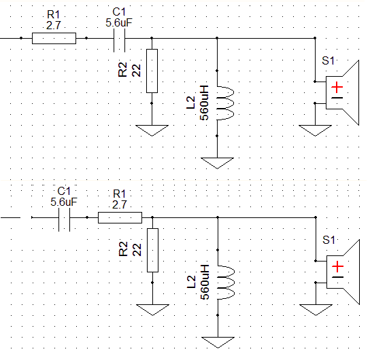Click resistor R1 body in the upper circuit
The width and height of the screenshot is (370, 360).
click(x=54, y=38)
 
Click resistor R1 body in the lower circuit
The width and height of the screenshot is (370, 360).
click(x=120, y=217)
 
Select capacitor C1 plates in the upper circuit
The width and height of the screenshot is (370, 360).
click(x=120, y=40)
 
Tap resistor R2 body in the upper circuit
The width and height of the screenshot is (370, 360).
click(x=152, y=71)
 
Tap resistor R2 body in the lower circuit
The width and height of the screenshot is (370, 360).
click(x=152, y=250)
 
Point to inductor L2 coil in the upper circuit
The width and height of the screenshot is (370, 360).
click(x=226, y=103)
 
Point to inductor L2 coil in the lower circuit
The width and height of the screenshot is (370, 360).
click(x=226, y=283)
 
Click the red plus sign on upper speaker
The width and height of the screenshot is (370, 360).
click(x=337, y=88)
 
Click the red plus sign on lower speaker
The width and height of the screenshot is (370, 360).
click(x=337, y=267)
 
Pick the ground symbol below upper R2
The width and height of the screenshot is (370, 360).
click(x=152, y=130)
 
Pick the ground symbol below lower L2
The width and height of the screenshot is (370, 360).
click(x=218, y=342)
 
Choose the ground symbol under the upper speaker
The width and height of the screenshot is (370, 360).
click(x=315, y=130)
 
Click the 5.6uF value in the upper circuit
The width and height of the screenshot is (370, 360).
click(x=119, y=23)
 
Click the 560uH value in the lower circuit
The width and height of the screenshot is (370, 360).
click(x=205, y=282)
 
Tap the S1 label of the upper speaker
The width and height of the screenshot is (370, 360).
click(x=329, y=60)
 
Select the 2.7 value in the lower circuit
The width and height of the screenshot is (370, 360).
click(x=120, y=204)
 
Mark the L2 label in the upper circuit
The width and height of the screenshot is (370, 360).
click(x=190, y=103)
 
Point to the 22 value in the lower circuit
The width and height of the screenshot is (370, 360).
click(x=137, y=250)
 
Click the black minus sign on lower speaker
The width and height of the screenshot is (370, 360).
click(x=337, y=277)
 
